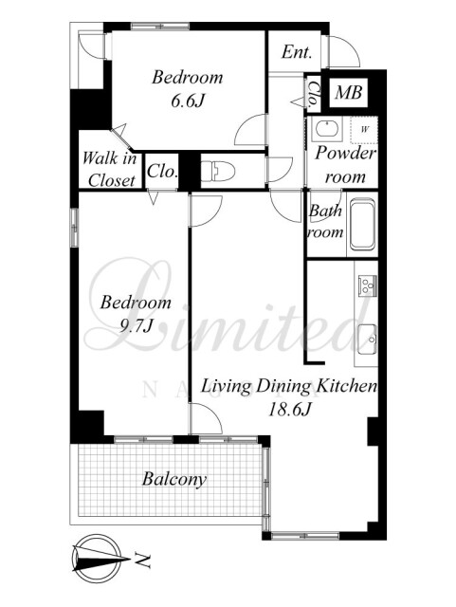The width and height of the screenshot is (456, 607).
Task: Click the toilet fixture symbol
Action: pyautogui.click(x=217, y=172)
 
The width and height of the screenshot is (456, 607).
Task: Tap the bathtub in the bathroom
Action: pyautogui.click(x=362, y=225)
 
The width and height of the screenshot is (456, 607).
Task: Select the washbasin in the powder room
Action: pyautogui.click(x=327, y=129)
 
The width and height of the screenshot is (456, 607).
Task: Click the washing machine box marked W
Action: pyautogui.click(x=364, y=130)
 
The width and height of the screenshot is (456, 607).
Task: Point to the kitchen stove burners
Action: pyautogui.click(x=367, y=285)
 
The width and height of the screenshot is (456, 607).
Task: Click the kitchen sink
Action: pyautogui.click(x=367, y=340)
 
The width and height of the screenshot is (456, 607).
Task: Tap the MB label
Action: pyautogui.click(x=349, y=93)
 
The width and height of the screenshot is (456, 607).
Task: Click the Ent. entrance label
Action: pyautogui.click(x=297, y=52)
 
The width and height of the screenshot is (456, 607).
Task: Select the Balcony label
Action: pyautogui.click(x=174, y=479)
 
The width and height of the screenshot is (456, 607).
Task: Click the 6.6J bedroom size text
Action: pyautogui.click(x=188, y=101)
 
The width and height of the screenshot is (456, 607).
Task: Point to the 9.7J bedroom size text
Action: pyautogui.click(x=136, y=326)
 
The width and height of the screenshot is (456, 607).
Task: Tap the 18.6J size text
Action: pyautogui.click(x=289, y=410)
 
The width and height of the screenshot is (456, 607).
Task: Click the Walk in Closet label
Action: pyautogui.click(x=109, y=170)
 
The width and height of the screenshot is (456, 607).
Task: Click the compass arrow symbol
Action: pyautogui.click(x=100, y=559)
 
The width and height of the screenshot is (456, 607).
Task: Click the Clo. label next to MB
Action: pyautogui.click(x=313, y=94)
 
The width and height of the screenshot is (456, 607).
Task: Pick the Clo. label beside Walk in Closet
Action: pyautogui.click(x=162, y=171)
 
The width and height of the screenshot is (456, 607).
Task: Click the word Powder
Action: pyautogui.click(x=345, y=154)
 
